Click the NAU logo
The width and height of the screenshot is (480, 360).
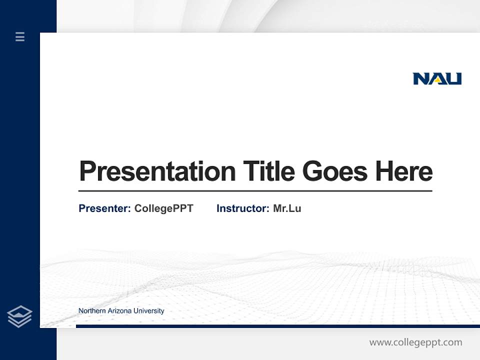coord(437,78)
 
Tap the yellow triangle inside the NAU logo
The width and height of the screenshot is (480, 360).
coord(437,79)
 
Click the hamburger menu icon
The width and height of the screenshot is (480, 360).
coord(20,36)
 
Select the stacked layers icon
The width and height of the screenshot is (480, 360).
coord(19,316)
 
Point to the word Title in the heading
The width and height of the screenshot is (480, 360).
coord(269,171)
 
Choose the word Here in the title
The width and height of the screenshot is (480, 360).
coord(403,171)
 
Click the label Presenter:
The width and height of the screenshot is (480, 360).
coord(104,208)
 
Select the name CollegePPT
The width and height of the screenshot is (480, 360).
coord(163,208)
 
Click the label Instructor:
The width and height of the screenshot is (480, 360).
coord(242,208)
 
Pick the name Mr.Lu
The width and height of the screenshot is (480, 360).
coord(287,208)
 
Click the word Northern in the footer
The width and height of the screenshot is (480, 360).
coord(91,311)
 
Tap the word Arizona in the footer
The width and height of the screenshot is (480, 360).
coord(118,311)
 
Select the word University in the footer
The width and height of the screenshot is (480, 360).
coord(148,311)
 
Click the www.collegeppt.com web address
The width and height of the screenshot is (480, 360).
coord(415,342)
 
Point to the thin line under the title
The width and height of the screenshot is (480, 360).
coord(255,190)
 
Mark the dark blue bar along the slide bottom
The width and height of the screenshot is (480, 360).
coord(277,326)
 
